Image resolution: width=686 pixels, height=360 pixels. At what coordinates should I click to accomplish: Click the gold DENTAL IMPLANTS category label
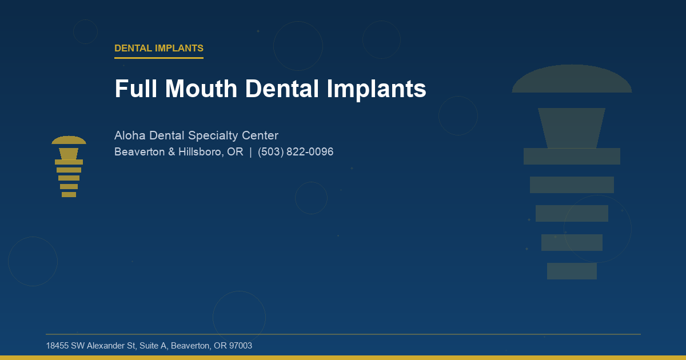tap(159, 49)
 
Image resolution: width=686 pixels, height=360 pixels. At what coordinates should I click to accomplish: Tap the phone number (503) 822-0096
tap(296, 152)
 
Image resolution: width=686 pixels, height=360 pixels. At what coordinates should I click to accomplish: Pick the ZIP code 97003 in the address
tap(240, 346)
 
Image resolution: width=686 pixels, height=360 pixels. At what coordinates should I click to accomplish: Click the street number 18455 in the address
tap(57, 346)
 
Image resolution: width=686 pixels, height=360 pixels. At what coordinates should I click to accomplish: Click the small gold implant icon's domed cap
tap(69, 141)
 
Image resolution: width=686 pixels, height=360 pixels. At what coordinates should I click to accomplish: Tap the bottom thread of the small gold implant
tap(69, 194)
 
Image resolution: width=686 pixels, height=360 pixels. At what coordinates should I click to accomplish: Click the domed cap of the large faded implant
tap(572, 80)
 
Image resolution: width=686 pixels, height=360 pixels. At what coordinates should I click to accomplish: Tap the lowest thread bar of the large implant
tap(572, 271)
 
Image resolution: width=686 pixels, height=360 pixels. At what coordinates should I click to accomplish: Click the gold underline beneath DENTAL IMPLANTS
tap(159, 58)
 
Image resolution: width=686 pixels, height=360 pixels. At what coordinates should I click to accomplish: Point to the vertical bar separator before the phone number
tap(250, 152)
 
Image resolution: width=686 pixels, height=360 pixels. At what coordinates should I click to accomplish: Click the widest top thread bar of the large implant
tap(572, 157)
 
